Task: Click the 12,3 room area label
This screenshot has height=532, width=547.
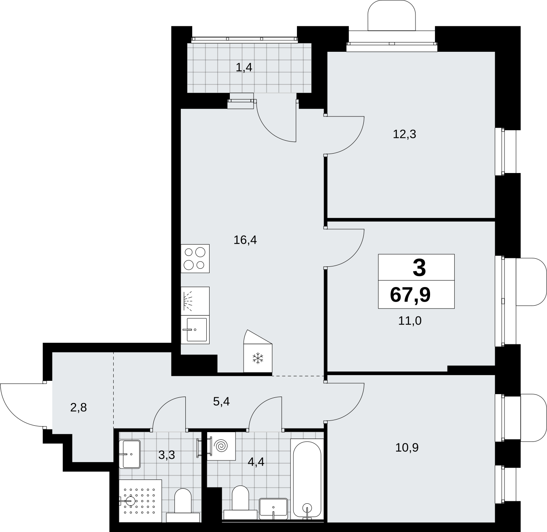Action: (x=404, y=135)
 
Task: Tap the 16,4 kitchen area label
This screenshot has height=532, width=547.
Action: (x=245, y=240)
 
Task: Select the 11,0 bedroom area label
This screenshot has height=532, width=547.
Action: (x=410, y=321)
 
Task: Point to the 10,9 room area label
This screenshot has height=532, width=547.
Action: (x=407, y=448)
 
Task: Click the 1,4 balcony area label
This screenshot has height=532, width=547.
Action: (x=244, y=68)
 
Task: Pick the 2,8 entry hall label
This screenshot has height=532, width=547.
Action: (x=78, y=407)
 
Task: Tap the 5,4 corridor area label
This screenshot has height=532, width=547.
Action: (x=221, y=402)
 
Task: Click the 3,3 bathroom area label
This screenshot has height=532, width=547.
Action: (x=167, y=455)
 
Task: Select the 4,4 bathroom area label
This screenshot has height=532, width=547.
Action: (x=256, y=462)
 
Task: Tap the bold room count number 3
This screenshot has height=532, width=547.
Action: (x=419, y=268)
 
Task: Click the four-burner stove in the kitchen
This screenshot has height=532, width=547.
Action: (x=195, y=258)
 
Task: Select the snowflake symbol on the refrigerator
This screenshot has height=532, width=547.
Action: (x=258, y=358)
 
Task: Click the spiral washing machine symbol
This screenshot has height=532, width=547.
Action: (x=220, y=445)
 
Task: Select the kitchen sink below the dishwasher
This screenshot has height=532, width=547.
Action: (x=195, y=329)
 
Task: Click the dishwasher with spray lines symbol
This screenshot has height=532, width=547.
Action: (x=195, y=301)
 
